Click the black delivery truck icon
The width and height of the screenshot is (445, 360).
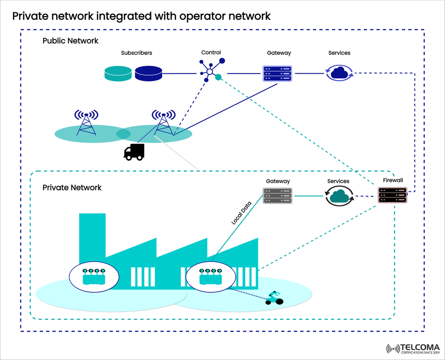[134, 152]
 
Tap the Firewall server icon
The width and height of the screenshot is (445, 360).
[392, 195]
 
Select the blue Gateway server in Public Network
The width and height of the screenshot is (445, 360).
[277, 74]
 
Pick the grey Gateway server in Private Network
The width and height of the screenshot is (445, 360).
[277, 196]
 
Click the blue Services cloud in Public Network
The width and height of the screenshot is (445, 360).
[340, 73]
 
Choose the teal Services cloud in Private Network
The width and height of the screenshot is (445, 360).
[339, 196]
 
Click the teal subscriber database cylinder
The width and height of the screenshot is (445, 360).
[118, 73]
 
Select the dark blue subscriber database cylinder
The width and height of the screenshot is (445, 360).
[148, 73]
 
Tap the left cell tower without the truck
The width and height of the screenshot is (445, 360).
[87, 122]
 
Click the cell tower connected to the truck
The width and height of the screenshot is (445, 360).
[164, 122]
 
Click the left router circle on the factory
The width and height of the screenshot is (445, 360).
[94, 278]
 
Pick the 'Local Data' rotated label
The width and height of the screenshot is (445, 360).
[242, 213]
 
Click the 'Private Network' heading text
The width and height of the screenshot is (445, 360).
[72, 188]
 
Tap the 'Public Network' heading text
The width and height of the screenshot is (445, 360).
[70, 41]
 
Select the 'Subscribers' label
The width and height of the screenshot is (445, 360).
[136, 53]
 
